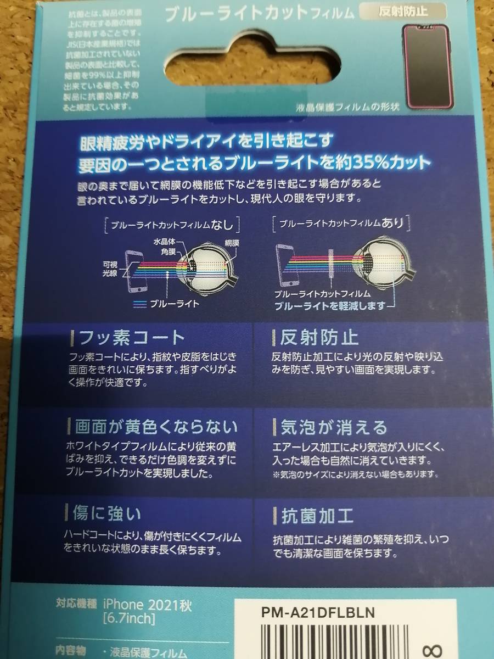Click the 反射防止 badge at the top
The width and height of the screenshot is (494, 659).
403,10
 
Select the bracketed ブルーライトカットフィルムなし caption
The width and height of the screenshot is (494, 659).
171,224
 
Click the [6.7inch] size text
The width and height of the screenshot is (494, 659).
129,619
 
